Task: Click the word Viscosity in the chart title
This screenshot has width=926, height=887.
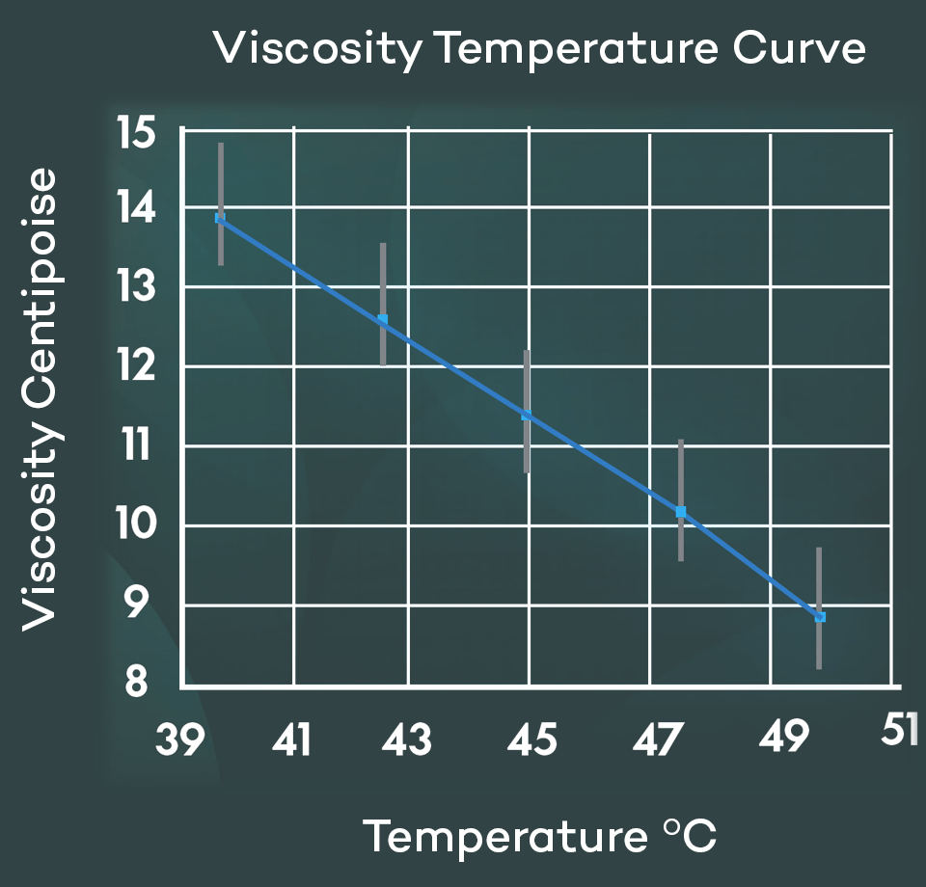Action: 316,48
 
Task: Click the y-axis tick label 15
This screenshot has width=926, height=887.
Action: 137,132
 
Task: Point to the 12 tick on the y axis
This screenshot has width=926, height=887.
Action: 136,366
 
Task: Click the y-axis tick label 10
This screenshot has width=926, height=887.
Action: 136,525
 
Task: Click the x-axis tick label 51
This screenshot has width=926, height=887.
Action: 899,730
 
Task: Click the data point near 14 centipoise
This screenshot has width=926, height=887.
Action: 220,218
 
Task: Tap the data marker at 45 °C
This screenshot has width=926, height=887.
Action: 527,416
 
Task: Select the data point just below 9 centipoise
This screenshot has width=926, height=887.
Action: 820,616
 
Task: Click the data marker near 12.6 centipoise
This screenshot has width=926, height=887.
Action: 383,319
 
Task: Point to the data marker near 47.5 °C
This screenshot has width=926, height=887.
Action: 681,511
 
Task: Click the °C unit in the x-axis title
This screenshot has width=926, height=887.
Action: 691,836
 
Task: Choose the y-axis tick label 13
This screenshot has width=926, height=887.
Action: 136,286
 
